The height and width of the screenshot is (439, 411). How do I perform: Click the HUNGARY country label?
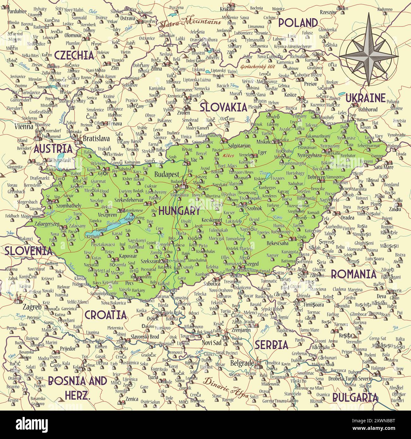coord(179,211)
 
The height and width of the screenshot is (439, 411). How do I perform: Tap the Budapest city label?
coord(167,174)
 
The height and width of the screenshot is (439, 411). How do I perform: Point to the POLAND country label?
coord(298,23)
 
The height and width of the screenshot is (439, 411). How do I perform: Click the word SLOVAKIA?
coord(223,107)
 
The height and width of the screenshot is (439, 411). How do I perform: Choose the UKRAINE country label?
coord(365,98)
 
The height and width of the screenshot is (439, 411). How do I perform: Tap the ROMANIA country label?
coord(353,274)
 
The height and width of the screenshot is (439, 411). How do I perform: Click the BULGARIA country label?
coord(355,397)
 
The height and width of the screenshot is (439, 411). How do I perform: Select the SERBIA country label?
coord(272,345)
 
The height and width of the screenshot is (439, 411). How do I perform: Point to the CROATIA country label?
coord(106,315)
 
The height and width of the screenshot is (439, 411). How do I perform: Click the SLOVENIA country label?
coord(28,251)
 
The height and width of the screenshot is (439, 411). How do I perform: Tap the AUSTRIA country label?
coord(53,149)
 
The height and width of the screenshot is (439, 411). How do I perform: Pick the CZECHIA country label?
coord(74,55)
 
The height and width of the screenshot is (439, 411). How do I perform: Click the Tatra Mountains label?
coord(191,22)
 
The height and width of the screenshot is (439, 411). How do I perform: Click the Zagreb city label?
coord(32,307)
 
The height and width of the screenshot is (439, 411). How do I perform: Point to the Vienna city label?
coord(24,127)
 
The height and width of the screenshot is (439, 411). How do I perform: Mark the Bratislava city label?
coord(96,138)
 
